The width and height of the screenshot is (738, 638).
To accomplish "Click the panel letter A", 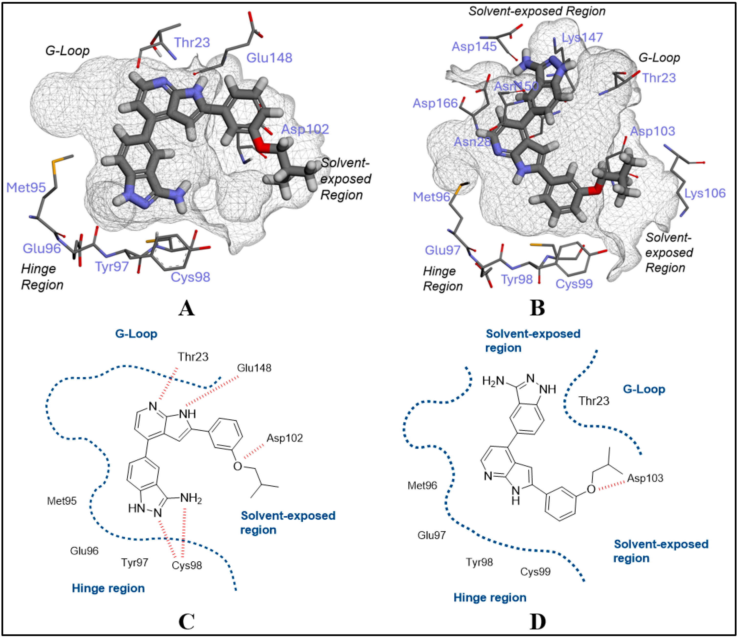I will pyautogui.click(x=186, y=308).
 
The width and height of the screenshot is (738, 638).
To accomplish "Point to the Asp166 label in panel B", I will pyautogui.click(x=435, y=103).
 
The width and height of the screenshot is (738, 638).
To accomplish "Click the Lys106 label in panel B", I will pyautogui.click(x=705, y=193).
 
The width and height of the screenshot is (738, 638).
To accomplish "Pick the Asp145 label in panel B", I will pyautogui.click(x=474, y=47).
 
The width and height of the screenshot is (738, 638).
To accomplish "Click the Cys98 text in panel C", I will pyautogui.click(x=187, y=565).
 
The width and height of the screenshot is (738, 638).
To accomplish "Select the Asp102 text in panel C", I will pyautogui.click(x=285, y=438).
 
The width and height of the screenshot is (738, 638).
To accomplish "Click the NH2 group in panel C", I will pyautogui.click(x=191, y=498).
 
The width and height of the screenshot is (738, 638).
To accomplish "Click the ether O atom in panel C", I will pyautogui.click(x=237, y=466).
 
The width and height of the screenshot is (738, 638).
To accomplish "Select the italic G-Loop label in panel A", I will pyautogui.click(x=67, y=51).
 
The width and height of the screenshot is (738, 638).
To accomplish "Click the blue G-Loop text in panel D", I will pyautogui.click(x=644, y=389).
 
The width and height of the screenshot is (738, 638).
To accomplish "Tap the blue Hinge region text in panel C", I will pyautogui.click(x=108, y=588).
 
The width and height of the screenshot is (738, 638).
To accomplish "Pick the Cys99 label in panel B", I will pyautogui.click(x=574, y=284).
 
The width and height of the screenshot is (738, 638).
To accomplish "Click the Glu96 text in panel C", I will pyautogui.click(x=84, y=551).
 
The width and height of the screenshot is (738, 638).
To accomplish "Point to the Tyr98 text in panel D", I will pyautogui.click(x=479, y=562).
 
